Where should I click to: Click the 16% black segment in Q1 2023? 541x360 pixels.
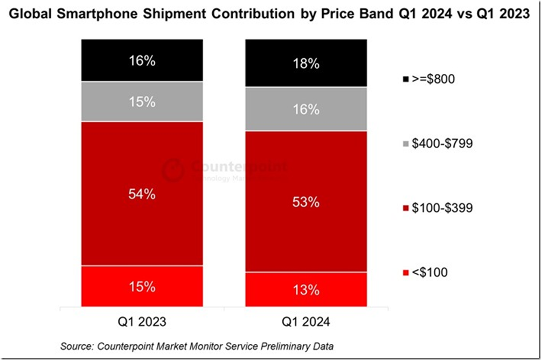(x=142, y=60)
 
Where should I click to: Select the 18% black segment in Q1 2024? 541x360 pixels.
(x=306, y=63)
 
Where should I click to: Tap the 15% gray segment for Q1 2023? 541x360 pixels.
(x=142, y=102)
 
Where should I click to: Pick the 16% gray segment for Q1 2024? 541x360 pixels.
(x=306, y=109)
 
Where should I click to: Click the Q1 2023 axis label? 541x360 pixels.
(x=142, y=321)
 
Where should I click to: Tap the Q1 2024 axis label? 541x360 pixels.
(x=306, y=321)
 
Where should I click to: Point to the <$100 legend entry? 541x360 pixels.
(x=425, y=273)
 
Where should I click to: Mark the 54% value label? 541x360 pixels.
(x=142, y=195)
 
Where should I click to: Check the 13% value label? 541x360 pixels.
(x=306, y=290)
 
